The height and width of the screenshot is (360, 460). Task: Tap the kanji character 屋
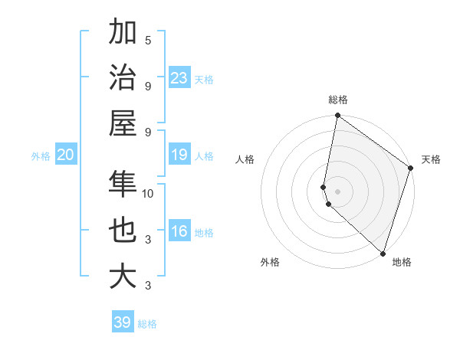pyautogui.click(x=123, y=123)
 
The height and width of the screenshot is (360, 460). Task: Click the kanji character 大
pyautogui.click(x=123, y=276)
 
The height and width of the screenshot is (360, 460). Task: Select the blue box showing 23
pyautogui.click(x=179, y=77)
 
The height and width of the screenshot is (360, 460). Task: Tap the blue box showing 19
pyautogui.click(x=179, y=155)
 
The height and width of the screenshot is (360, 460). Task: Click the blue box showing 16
pyautogui.click(x=179, y=231)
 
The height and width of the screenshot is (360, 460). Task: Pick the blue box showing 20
pyautogui.click(x=65, y=155)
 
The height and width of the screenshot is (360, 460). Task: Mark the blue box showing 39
pyautogui.click(x=123, y=322)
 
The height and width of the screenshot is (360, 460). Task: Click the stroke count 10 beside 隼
pyautogui.click(x=148, y=193)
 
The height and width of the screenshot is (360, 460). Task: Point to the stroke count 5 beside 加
pyautogui.click(x=148, y=40)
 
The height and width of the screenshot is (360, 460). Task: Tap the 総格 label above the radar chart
pyautogui.click(x=338, y=100)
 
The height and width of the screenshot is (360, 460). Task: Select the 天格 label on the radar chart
pyautogui.click(x=431, y=159)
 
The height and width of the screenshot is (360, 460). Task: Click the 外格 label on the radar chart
pyautogui.click(x=270, y=262)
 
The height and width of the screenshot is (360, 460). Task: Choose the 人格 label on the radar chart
pyautogui.click(x=245, y=159)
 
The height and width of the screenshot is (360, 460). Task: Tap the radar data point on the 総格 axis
pyautogui.click(x=337, y=116)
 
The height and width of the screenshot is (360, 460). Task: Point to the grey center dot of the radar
pyautogui.click(x=338, y=191)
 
